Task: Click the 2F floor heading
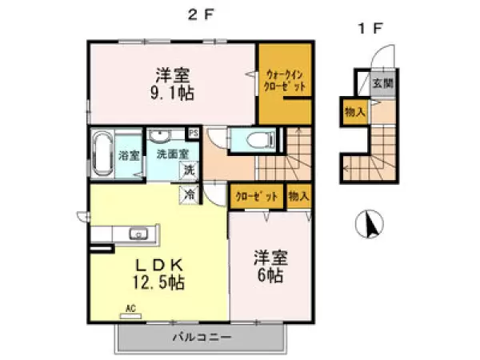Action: coord(198,13)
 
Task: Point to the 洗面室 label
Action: coord(172,154)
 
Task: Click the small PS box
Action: coord(194,133)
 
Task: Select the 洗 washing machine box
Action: coord(190,170)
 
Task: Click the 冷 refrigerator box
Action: coord(190,193)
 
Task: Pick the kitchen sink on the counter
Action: coord(138,234)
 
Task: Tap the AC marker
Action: coord(130,307)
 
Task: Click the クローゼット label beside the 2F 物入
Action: coord(257,196)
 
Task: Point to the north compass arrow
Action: coord(370,224)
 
